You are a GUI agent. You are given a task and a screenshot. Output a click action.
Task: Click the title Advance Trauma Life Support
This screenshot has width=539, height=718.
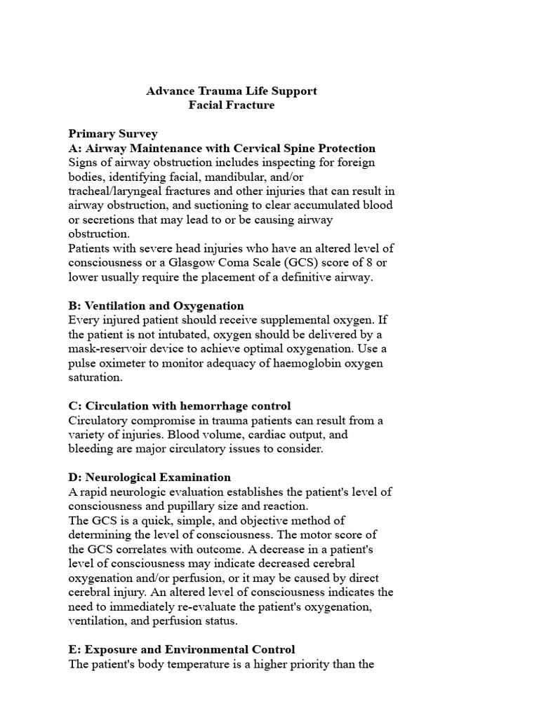tap(232, 91)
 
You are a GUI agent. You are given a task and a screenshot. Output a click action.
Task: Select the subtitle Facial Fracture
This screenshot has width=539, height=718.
tap(232, 105)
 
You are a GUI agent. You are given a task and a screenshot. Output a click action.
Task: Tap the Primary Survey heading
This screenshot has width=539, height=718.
tap(113, 134)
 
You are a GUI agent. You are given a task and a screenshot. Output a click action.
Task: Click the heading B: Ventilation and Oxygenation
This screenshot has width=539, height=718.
tap(156, 306)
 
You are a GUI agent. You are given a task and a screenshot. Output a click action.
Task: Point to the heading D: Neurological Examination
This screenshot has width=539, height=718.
tap(149, 477)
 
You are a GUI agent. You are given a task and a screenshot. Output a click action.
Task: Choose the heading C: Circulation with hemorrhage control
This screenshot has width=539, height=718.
tap(179, 406)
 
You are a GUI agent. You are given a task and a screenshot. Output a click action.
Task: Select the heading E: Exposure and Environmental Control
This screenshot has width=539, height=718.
tap(182, 649)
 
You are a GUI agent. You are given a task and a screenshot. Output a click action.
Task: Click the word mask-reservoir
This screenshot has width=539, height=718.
tap(108, 348)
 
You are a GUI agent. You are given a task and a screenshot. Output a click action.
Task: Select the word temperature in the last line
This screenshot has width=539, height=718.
tap(198, 664)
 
